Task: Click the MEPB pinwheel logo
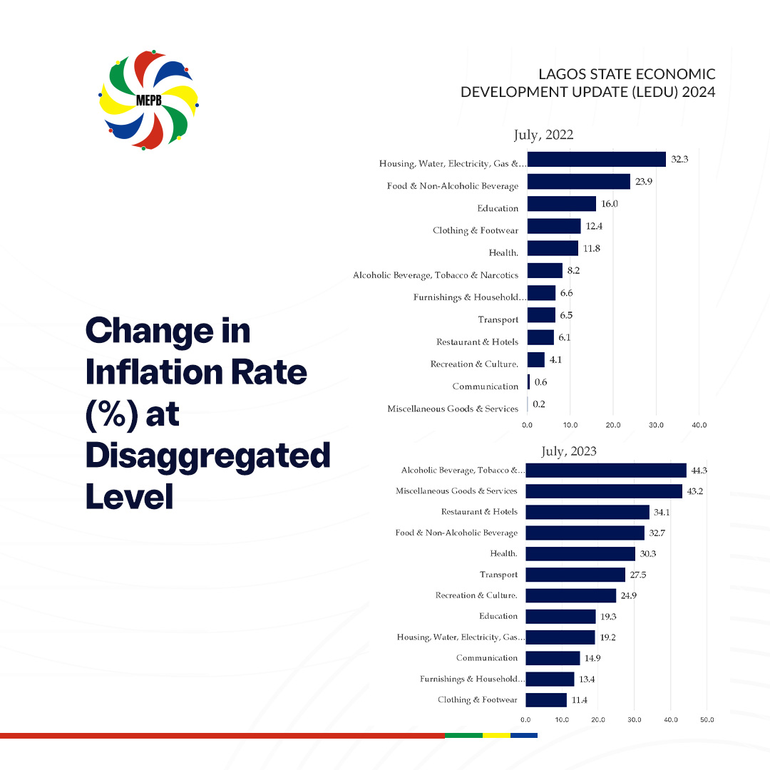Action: pyautogui.click(x=149, y=100)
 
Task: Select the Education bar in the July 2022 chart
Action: pyautogui.click(x=561, y=204)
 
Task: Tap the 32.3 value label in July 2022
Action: pyautogui.click(x=679, y=160)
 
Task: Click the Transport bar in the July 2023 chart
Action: pyautogui.click(x=575, y=575)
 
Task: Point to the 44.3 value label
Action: pyautogui.click(x=700, y=471)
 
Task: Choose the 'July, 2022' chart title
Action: pyautogui.click(x=543, y=135)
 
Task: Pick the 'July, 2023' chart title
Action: pyautogui.click(x=568, y=451)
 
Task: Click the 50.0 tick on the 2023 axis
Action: pyautogui.click(x=707, y=719)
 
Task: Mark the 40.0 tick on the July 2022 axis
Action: pyautogui.click(x=699, y=425)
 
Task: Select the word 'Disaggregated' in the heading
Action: pyautogui.click(x=207, y=456)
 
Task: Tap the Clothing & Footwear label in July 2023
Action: pyautogui.click(x=478, y=700)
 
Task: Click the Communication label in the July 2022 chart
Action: pyautogui.click(x=485, y=386)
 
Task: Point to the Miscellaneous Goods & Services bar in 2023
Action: pyautogui.click(x=604, y=491)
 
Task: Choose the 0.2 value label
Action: pyautogui.click(x=540, y=404)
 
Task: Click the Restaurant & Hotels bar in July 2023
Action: pyautogui.click(x=587, y=512)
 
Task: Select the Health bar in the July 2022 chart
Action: pyautogui.click(x=553, y=248)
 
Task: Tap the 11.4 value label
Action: pyautogui.click(x=579, y=700)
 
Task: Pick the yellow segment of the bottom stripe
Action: pyautogui.click(x=496, y=735)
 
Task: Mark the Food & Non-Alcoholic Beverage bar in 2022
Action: pyautogui.click(x=578, y=182)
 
